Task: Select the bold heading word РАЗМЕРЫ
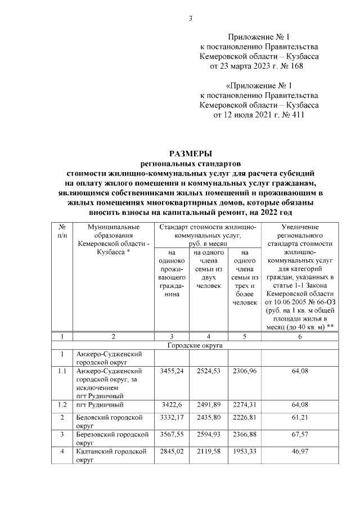pos(191,153)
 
